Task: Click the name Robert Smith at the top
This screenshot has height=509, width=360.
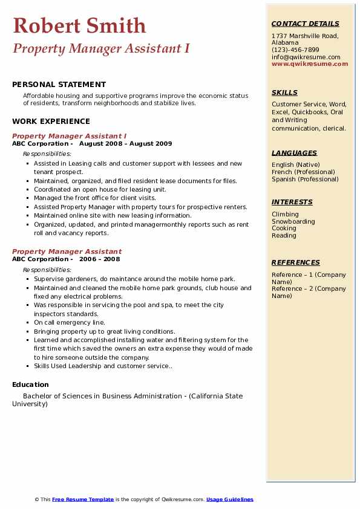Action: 79,25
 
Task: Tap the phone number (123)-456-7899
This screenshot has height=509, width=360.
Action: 295,50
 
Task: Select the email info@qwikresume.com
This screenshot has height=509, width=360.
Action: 306,57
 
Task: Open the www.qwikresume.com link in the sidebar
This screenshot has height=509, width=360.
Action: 310,63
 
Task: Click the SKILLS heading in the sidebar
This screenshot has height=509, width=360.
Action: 284,92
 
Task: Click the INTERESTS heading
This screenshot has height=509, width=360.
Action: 292,202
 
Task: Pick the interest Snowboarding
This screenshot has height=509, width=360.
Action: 293,221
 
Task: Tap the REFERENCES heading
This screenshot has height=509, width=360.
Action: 295,262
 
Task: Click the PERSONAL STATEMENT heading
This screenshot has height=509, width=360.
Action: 59,85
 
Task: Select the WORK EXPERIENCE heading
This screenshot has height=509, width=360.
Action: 51,122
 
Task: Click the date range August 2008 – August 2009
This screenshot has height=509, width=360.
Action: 125,144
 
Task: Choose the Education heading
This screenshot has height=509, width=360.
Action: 30,384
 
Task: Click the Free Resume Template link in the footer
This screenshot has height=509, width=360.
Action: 83,499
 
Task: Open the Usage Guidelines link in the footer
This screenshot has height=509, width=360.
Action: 230,499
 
